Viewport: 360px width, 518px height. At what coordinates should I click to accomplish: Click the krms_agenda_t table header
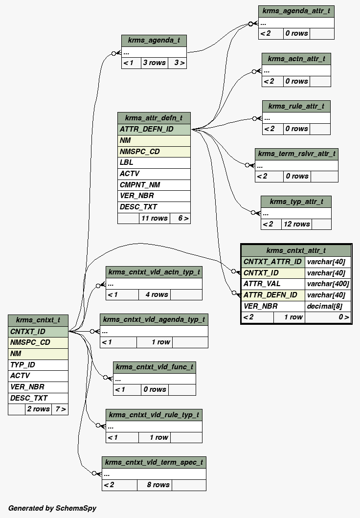[x=154, y=41]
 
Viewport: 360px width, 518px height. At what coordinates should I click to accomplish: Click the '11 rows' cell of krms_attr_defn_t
[x=154, y=218]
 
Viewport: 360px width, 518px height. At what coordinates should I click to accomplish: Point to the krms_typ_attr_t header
[x=296, y=202]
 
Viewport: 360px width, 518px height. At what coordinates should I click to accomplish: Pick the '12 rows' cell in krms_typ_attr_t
[x=296, y=224]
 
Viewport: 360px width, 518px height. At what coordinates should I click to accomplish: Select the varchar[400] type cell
[x=328, y=284]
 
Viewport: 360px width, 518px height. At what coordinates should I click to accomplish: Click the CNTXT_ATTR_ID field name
[x=273, y=262]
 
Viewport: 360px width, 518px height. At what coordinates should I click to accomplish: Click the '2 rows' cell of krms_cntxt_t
[x=38, y=409]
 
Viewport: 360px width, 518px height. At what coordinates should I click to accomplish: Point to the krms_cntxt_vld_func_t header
[x=155, y=367]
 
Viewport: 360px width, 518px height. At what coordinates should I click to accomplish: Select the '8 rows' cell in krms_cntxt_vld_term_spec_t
[x=158, y=485]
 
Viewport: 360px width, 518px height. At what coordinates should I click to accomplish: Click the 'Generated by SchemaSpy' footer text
[x=52, y=508]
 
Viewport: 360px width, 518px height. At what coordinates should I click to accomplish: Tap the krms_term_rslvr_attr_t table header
[x=296, y=154]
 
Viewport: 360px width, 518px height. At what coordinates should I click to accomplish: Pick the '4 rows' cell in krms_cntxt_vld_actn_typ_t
[x=156, y=294]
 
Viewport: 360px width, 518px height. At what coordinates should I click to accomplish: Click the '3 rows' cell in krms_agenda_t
[x=154, y=63]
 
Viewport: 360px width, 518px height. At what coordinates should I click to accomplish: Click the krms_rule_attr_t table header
[x=296, y=106]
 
